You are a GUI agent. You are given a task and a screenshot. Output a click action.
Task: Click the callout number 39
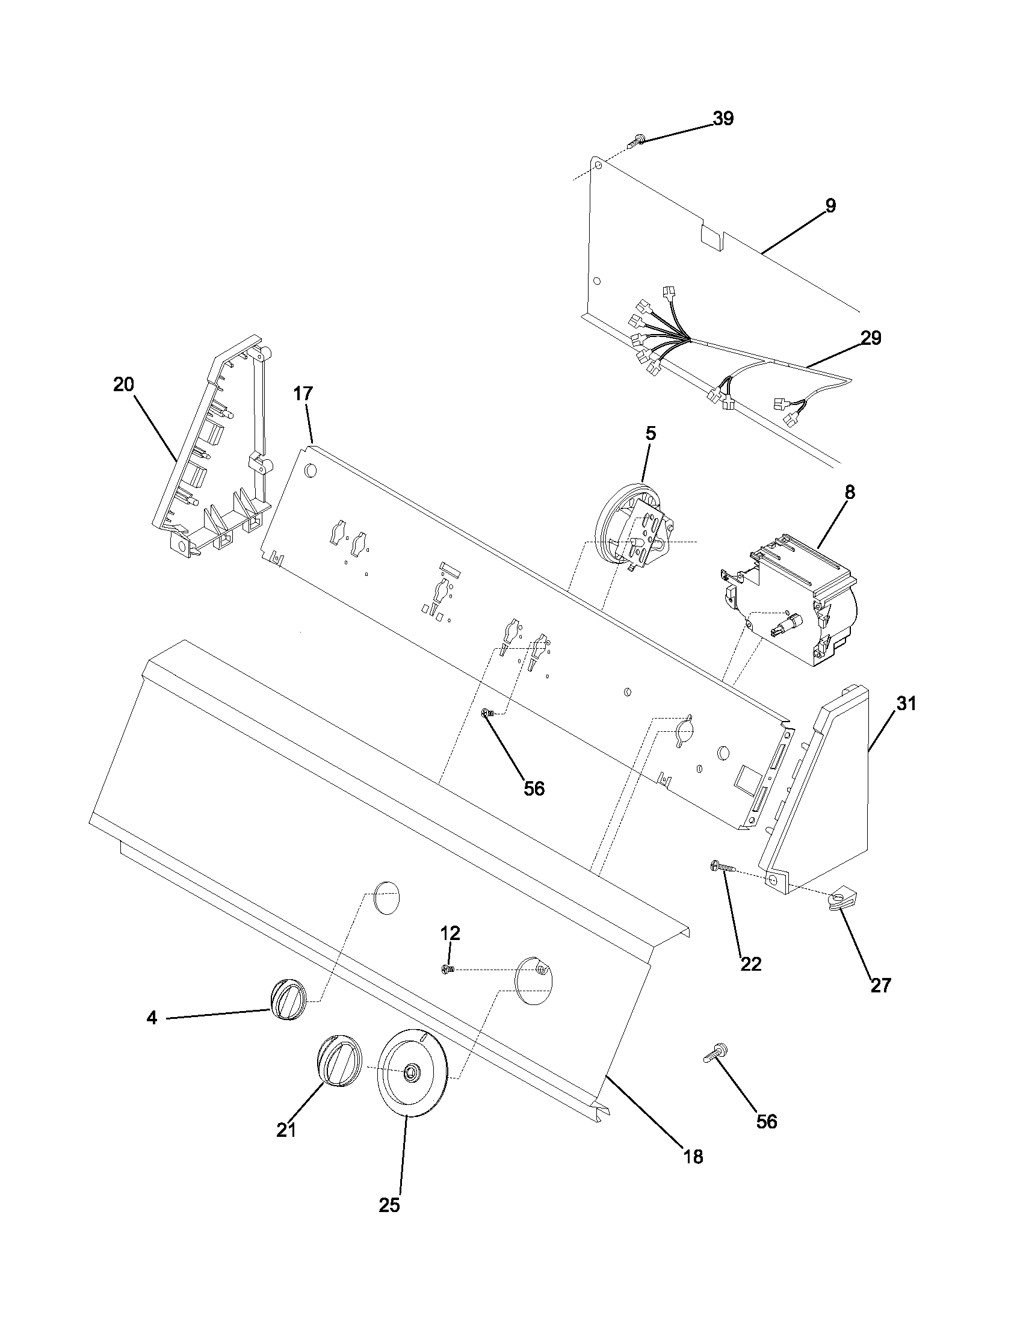click(722, 119)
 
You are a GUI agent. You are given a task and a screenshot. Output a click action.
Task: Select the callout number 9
click(830, 206)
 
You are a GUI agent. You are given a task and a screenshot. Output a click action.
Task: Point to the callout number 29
click(871, 338)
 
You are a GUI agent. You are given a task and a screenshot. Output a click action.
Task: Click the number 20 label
click(123, 385)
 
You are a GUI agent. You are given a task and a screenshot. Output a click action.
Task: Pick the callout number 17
click(303, 394)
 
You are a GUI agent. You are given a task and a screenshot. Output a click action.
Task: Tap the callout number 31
click(906, 704)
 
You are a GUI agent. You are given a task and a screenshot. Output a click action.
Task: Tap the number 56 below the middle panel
click(534, 789)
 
